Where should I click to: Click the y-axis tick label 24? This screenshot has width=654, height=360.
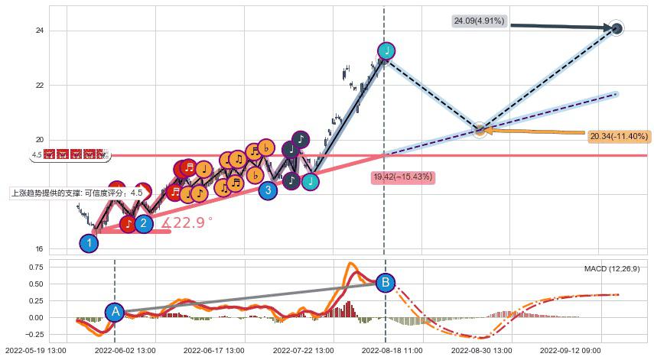(x=38, y=31)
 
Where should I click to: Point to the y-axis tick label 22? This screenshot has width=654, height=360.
(x=38, y=86)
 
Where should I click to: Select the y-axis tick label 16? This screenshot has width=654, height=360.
(x=38, y=250)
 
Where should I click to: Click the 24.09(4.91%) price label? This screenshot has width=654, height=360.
(x=478, y=21)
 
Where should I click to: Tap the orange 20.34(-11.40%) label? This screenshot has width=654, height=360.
(x=619, y=137)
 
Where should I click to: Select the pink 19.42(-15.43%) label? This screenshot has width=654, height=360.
(x=403, y=177)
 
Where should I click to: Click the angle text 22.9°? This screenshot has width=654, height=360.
(x=187, y=223)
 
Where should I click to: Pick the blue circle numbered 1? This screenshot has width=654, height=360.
(x=89, y=243)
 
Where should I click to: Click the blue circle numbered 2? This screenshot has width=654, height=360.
(x=143, y=224)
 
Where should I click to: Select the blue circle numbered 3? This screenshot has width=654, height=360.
(x=267, y=190)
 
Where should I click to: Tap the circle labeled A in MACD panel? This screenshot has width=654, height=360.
(x=115, y=311)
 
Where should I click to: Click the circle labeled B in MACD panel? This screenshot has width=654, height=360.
(x=386, y=282)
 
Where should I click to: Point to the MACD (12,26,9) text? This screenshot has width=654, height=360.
(x=612, y=269)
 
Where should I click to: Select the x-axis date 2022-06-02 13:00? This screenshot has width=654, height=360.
(x=125, y=350)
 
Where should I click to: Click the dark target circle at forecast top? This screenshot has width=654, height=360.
(x=617, y=29)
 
